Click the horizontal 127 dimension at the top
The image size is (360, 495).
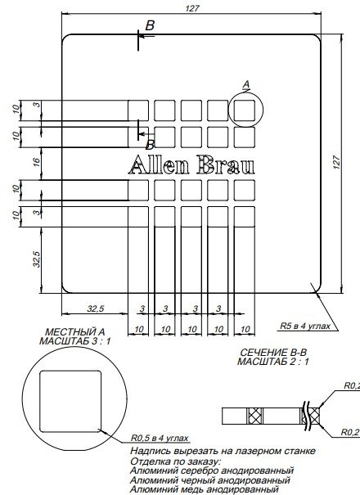coord(191,8)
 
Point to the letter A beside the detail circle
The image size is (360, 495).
coord(246,83)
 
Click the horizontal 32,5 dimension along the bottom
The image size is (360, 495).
coord(95,308)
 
